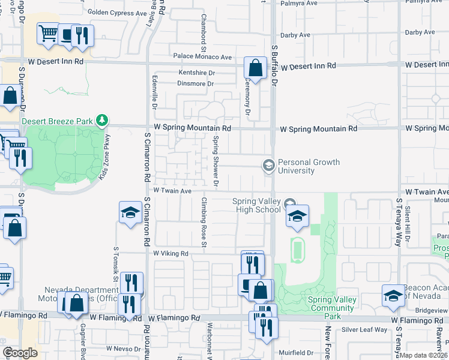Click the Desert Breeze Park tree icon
point(103,121)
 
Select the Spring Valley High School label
point(257,205)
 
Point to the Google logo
point(20,352)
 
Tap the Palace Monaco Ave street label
point(202,57)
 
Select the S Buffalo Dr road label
point(275,65)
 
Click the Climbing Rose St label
point(204,222)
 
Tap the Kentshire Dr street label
point(196,73)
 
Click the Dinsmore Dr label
point(196,84)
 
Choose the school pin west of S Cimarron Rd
point(130,213)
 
